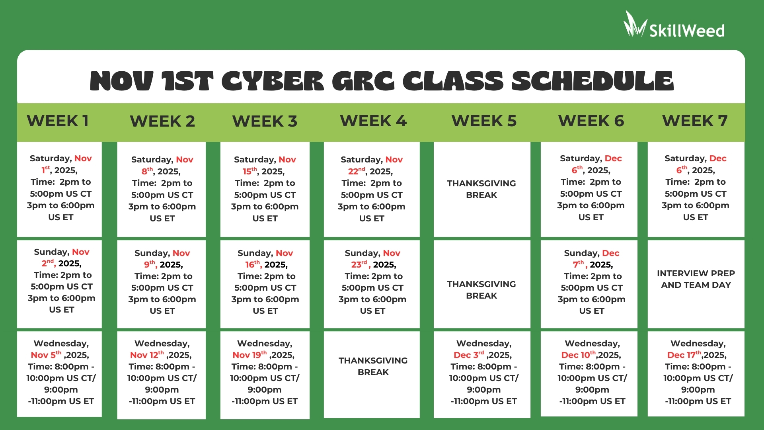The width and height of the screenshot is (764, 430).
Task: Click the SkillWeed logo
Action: [674, 25]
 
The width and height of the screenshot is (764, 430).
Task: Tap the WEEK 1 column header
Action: [58, 121]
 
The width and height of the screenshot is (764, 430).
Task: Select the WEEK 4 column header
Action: [373, 121]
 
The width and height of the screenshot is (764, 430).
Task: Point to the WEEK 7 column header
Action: [695, 121]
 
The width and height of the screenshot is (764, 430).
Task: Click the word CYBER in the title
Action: [273, 81]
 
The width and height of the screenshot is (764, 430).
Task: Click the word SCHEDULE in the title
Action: [592, 81]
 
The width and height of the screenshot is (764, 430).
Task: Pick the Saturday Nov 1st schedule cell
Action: [59, 189]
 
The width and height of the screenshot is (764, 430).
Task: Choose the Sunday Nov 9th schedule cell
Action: [162, 284]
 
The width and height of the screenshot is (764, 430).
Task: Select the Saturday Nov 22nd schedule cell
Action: [372, 189]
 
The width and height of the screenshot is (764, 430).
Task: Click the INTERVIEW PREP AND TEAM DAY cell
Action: [696, 284]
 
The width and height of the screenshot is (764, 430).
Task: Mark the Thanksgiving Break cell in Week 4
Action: [372, 375]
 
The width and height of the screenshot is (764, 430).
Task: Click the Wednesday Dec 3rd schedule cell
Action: [482, 375]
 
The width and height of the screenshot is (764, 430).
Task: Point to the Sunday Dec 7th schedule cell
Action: [589, 284]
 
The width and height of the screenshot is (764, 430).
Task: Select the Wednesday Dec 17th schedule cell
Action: [696, 374]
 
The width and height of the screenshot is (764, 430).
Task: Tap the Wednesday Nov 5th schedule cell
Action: [59, 374]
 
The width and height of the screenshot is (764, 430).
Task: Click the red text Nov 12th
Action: [147, 355]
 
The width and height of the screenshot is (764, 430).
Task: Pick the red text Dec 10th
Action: [579, 355]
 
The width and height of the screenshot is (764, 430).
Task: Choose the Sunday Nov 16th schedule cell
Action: [265, 284]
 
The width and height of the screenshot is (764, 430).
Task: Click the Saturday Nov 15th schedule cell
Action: [265, 189]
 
